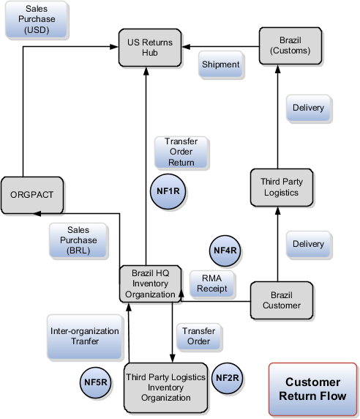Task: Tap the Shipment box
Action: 221,64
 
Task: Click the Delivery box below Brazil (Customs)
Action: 308,108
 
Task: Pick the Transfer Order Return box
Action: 181,152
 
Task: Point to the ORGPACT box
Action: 32,196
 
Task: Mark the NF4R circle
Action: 225,251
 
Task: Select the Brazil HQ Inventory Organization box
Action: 151,283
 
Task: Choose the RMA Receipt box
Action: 212,283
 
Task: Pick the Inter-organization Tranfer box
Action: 85,336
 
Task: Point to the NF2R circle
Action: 228,378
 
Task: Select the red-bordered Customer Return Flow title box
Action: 312,388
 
